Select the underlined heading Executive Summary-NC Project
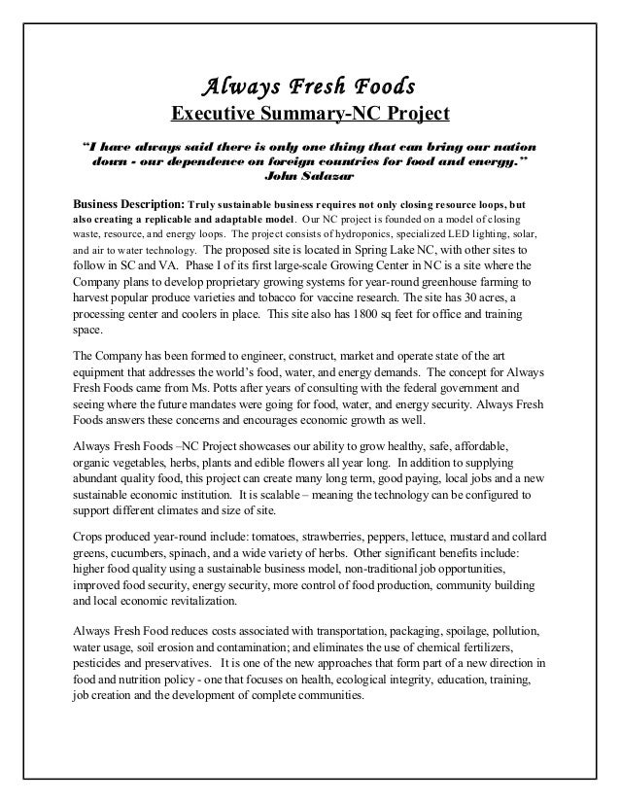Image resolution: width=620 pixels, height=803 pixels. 310,116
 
